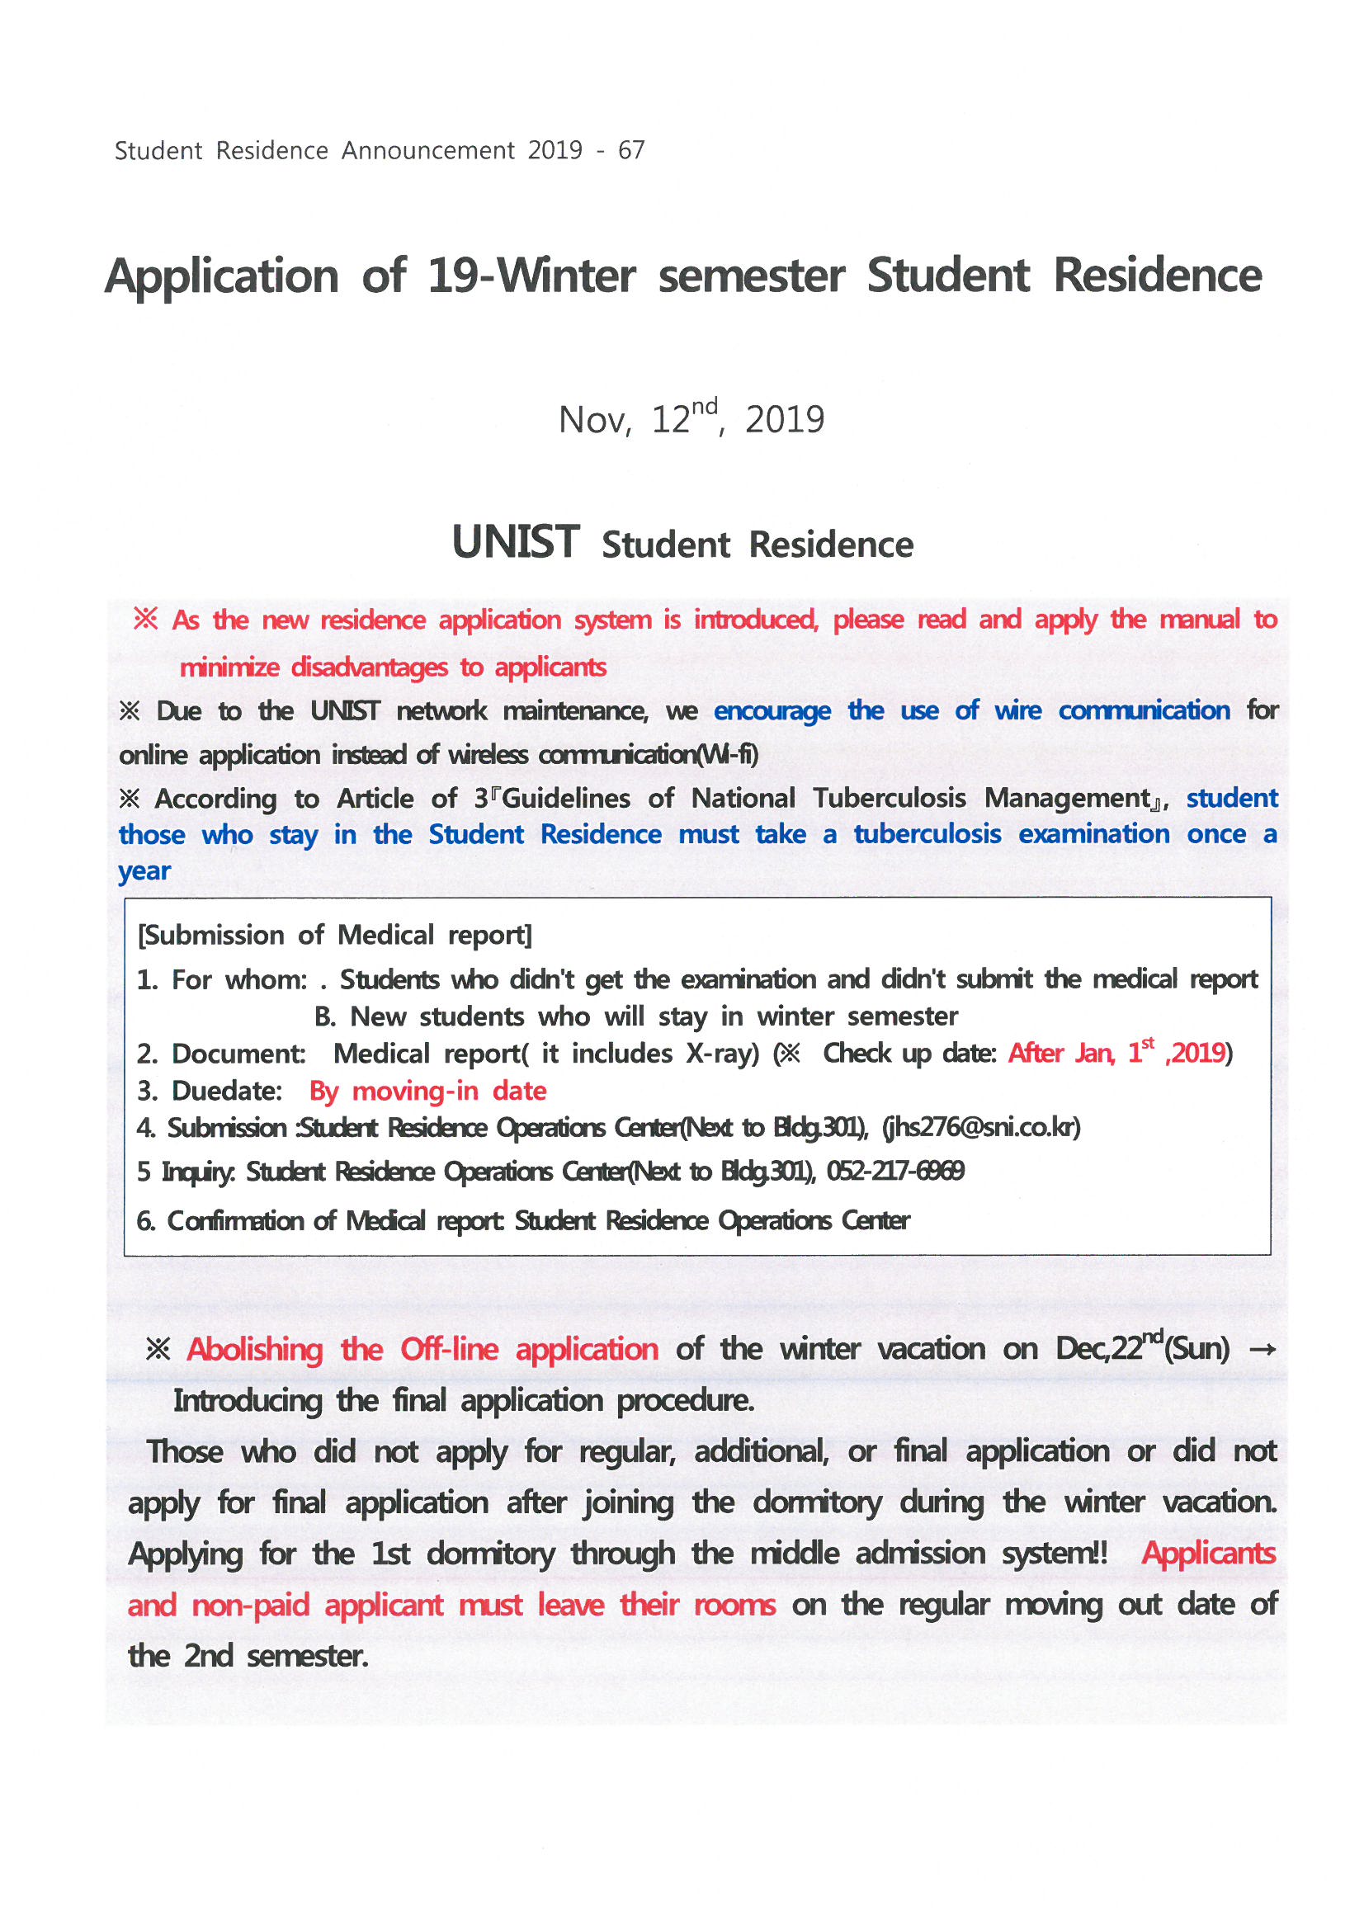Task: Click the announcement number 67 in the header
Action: pyautogui.click(x=631, y=150)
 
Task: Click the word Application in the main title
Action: pyautogui.click(x=222, y=276)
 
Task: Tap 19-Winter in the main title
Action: pyautogui.click(x=531, y=276)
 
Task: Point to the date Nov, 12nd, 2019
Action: pyautogui.click(x=691, y=418)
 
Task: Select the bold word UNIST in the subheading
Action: pyautogui.click(x=515, y=542)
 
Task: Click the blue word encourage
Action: pyautogui.click(x=772, y=710)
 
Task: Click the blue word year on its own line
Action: pyautogui.click(x=144, y=871)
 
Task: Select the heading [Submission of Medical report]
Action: pyautogui.click(x=334, y=935)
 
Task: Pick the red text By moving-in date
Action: pyautogui.click(x=427, y=1091)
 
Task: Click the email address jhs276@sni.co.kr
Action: pyautogui.click(x=981, y=1128)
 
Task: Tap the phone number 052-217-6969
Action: pyautogui.click(x=895, y=1170)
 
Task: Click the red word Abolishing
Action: pyautogui.click(x=255, y=1349)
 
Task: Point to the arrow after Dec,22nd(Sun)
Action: pyautogui.click(x=1263, y=1350)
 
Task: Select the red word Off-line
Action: pyautogui.click(x=449, y=1349)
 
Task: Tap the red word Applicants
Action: pyautogui.click(x=1208, y=1554)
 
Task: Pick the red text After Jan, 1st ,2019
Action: pyautogui.click(x=1117, y=1053)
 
